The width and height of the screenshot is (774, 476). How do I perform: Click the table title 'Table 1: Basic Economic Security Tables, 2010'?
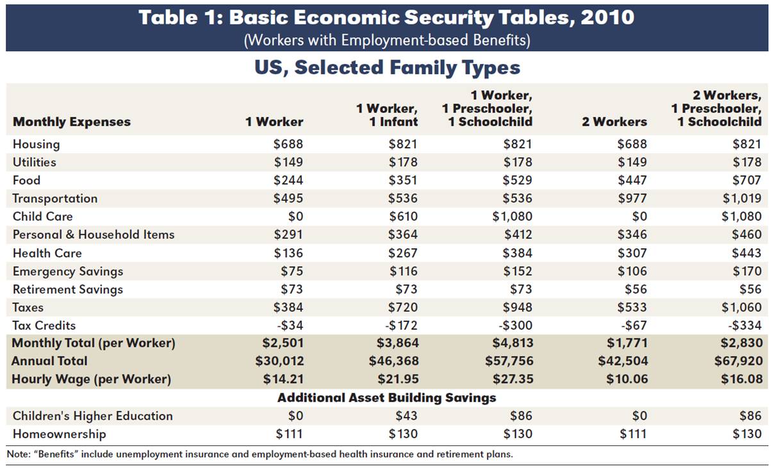coord(386,17)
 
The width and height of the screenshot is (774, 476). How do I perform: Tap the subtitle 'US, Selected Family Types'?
coord(387,67)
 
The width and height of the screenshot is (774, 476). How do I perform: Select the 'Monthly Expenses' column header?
coord(72,122)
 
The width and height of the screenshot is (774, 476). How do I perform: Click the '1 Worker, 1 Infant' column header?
coord(387,115)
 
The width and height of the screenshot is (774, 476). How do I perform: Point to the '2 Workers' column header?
coord(614,122)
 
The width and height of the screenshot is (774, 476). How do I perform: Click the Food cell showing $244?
coord(288,180)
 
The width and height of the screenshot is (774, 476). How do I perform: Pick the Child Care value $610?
coord(403,217)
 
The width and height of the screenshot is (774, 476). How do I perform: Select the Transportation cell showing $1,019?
coord(742,198)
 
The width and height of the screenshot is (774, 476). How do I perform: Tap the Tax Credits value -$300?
coord(515,325)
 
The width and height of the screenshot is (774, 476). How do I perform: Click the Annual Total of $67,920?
coord(738,361)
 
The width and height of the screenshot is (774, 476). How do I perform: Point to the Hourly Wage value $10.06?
coord(627,379)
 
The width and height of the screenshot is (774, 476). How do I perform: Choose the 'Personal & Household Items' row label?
coord(94,235)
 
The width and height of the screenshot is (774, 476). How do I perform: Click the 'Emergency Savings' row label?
coord(68,271)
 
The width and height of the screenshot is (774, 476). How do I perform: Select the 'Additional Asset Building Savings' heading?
coord(386,398)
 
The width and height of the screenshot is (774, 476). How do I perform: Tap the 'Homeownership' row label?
coord(60,434)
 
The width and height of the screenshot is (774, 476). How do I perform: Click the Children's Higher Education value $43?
coord(406,416)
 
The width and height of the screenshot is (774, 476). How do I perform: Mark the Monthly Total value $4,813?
coord(513,343)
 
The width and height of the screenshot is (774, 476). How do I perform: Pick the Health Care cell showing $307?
coord(632,253)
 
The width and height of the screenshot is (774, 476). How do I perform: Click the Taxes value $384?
coord(288,307)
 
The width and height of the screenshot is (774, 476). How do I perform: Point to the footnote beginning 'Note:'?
coord(260,454)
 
